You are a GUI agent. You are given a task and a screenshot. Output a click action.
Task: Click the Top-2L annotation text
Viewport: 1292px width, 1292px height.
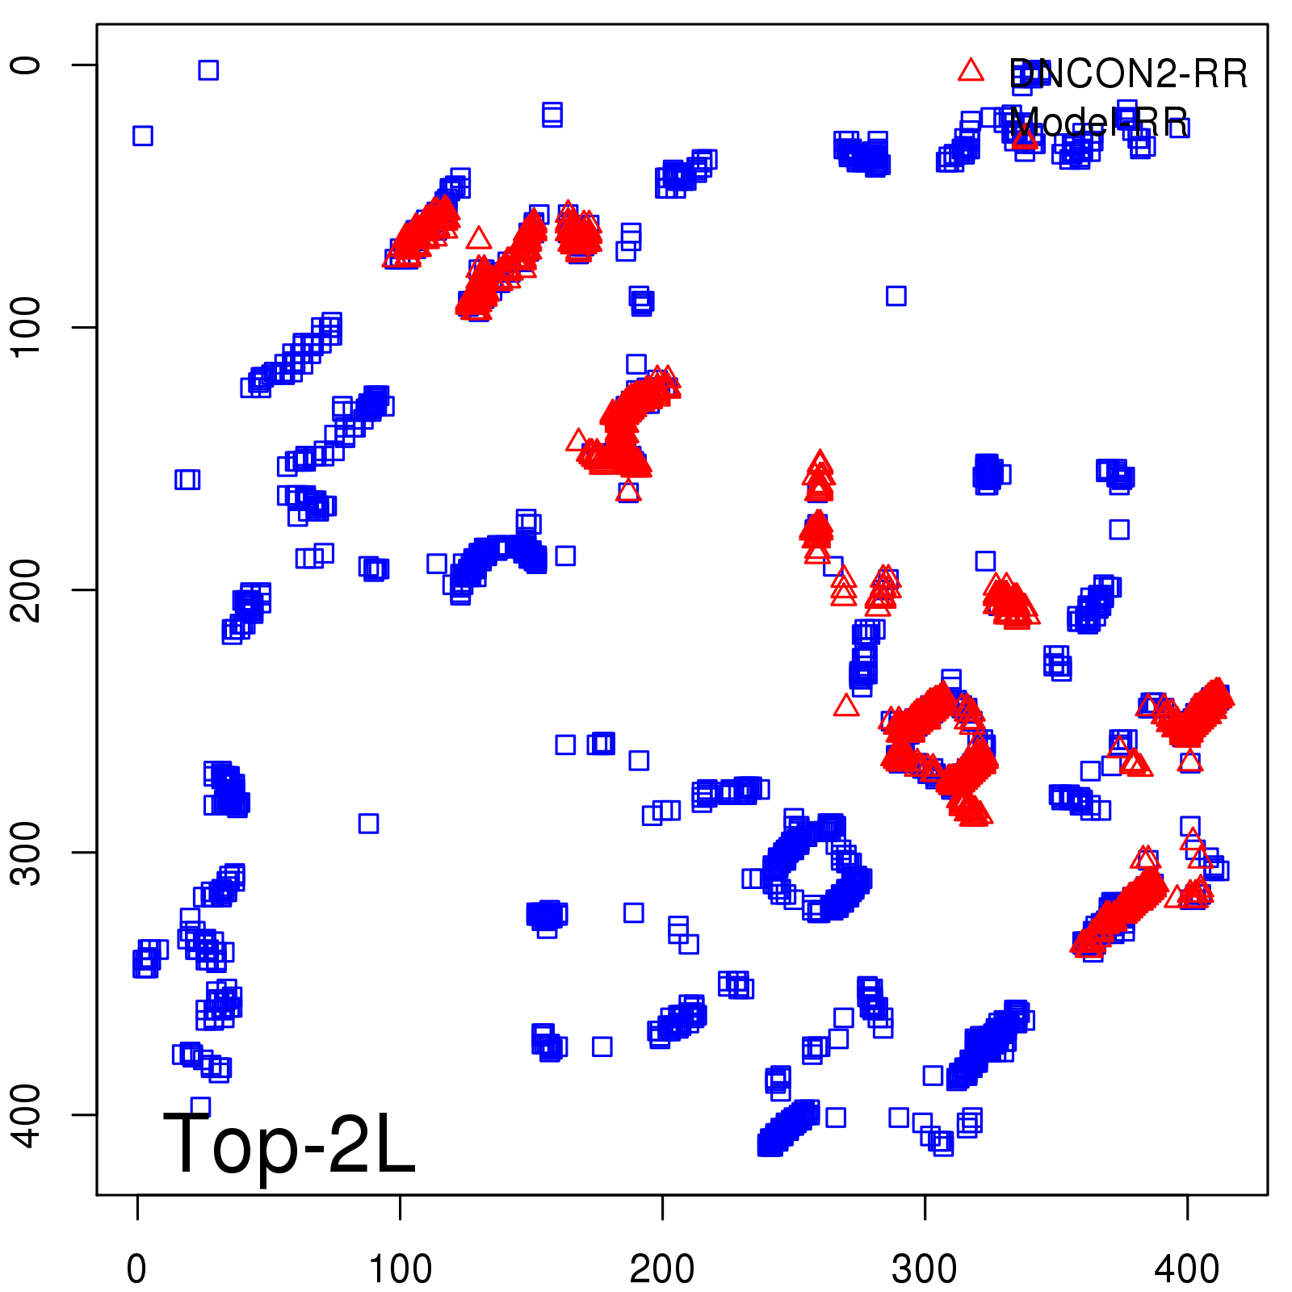click(x=289, y=1143)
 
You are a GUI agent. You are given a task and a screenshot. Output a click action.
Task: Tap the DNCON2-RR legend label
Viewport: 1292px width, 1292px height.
click(x=1128, y=74)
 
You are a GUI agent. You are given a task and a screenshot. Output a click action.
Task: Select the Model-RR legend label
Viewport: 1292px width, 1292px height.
click(x=1098, y=124)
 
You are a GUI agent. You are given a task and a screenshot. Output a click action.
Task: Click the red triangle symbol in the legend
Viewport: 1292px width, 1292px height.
click(x=971, y=71)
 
